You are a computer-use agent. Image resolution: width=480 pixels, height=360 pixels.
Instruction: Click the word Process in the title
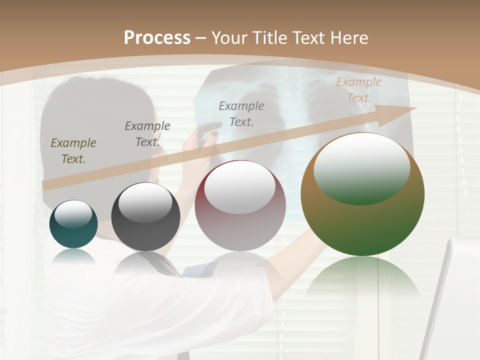pyautogui.click(x=157, y=37)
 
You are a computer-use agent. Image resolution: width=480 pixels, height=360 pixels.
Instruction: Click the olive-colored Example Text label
pyautogui.click(x=73, y=150)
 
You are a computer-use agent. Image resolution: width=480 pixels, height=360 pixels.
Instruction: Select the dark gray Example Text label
pyautogui.click(x=147, y=133)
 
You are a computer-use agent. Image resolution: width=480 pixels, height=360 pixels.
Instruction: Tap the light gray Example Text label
pyautogui.click(x=241, y=113)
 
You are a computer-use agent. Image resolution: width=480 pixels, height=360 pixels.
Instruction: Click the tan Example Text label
pyautogui.click(x=359, y=90)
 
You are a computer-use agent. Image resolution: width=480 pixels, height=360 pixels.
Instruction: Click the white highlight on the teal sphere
pyautogui.click(x=73, y=214)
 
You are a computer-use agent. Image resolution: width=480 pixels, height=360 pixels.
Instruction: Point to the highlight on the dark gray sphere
pyautogui.click(x=145, y=201)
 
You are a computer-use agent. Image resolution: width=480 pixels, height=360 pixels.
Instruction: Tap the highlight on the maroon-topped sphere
pyautogui.click(x=240, y=186)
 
